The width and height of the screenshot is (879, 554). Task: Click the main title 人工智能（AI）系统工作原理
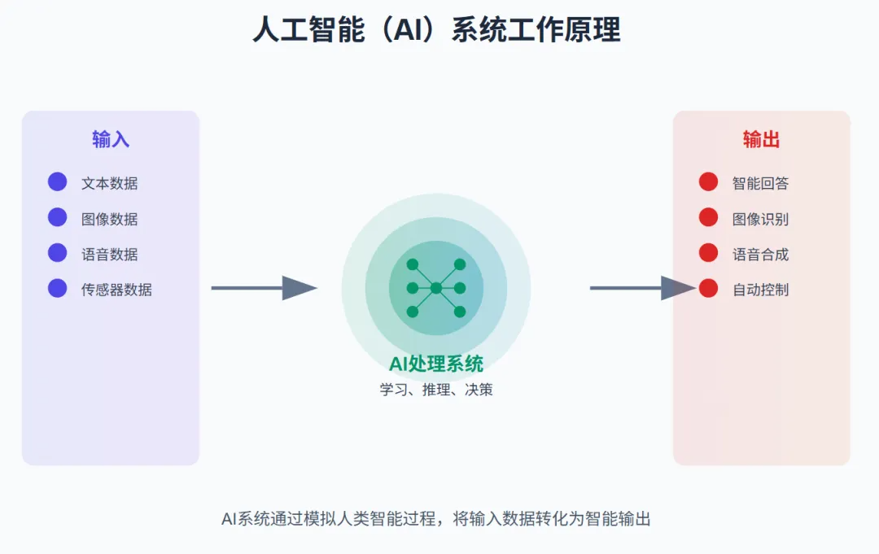(436, 29)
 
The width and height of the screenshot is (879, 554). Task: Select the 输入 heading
(111, 139)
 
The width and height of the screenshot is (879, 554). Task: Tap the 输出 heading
(761, 139)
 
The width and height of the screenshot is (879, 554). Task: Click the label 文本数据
(109, 183)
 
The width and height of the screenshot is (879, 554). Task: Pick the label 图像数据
(109, 219)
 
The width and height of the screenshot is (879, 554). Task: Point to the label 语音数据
(109, 255)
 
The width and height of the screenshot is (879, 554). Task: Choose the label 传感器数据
(116, 290)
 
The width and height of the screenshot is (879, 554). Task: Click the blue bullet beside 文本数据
(57, 181)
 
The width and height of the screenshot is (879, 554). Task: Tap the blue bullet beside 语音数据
(57, 253)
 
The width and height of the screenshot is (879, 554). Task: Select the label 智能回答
(760, 183)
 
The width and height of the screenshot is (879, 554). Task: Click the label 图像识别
(760, 219)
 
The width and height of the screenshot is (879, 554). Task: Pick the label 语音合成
(760, 255)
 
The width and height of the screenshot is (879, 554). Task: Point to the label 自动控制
(760, 290)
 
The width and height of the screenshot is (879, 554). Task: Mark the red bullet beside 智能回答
(709, 181)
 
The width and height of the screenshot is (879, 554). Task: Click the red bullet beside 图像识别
(709, 217)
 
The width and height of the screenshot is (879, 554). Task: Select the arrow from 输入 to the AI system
(265, 288)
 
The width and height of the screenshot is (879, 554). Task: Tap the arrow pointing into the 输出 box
(643, 288)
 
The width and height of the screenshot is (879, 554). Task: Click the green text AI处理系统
(436, 364)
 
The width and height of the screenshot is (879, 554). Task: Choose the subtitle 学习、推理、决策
(436, 390)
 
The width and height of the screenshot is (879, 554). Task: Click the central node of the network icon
(436, 288)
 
